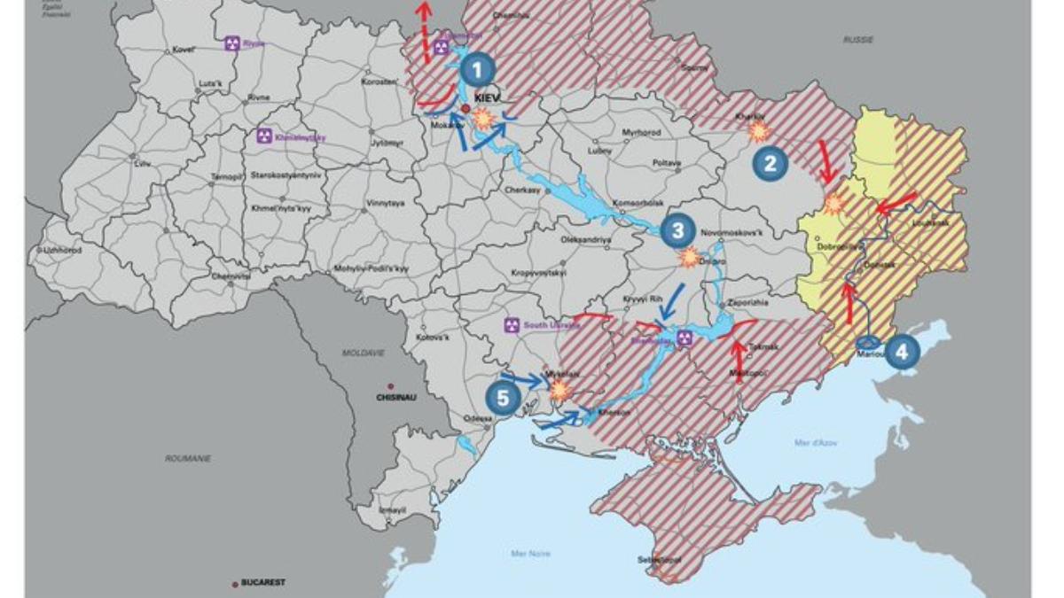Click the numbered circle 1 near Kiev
[478, 69]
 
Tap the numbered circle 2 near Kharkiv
[769, 163]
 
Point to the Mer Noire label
[531, 554]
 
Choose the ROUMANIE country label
[187, 458]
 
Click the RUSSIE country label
[857, 40]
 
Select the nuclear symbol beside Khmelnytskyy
[263, 136]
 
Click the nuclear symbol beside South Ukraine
[511, 325]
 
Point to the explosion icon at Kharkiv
[759, 132]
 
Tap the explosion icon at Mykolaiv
[559, 390]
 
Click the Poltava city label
[666, 164]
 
